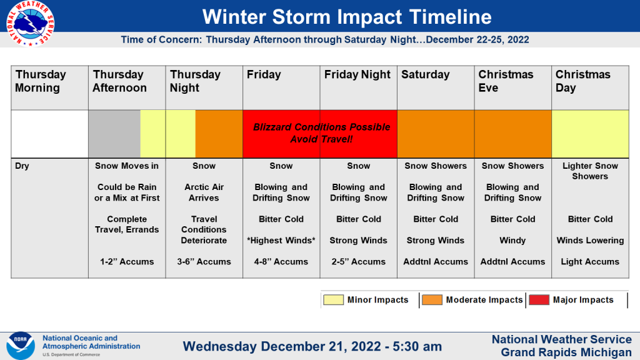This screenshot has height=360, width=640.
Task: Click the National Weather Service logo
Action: click(x=30, y=23)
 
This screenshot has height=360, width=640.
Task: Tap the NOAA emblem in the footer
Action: click(x=21, y=345)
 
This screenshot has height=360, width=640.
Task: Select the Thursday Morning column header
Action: click(x=41, y=81)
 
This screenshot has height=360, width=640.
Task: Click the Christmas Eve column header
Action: click(x=506, y=81)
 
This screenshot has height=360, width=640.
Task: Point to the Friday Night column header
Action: click(x=357, y=74)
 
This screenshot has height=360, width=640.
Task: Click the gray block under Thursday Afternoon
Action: click(x=114, y=134)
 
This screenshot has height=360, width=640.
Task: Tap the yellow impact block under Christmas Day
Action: click(x=590, y=134)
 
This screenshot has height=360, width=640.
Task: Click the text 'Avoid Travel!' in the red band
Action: click(x=321, y=139)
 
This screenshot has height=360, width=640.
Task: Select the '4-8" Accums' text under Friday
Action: click(x=281, y=262)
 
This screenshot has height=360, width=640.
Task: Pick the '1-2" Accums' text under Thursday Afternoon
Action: click(x=127, y=262)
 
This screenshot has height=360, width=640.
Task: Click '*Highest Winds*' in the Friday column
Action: click(x=281, y=241)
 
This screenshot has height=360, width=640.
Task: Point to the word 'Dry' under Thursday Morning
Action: click(x=22, y=166)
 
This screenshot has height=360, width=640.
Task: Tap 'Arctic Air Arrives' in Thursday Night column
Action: click(x=204, y=192)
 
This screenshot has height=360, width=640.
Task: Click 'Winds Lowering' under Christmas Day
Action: click(x=590, y=241)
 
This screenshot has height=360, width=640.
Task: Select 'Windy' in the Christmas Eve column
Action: click(x=512, y=241)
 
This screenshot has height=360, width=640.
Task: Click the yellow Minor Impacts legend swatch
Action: click(x=334, y=300)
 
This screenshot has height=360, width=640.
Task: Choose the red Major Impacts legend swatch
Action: click(x=539, y=300)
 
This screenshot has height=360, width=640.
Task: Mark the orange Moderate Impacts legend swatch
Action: click(x=432, y=300)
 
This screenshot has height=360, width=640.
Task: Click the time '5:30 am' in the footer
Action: click(x=417, y=346)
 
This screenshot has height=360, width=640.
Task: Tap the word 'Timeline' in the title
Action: click(x=450, y=17)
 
